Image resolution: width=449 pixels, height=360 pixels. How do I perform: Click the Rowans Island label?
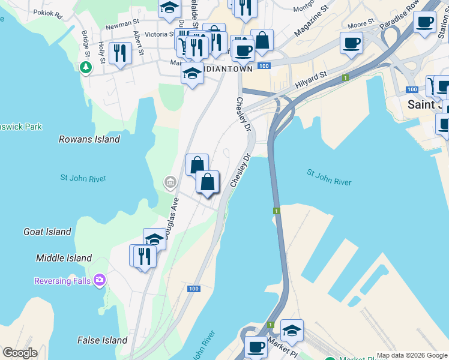click(x=89, y=139)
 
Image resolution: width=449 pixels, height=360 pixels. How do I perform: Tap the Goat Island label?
click(x=47, y=232)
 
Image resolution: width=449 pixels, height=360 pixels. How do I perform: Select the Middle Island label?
click(x=64, y=259)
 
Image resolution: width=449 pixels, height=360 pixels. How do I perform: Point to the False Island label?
click(x=102, y=340)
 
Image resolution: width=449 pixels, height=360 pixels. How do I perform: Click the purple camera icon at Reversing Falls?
click(x=100, y=280)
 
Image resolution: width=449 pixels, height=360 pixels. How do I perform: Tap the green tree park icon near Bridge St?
click(x=86, y=67)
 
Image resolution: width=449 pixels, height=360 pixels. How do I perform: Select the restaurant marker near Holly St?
click(x=121, y=53)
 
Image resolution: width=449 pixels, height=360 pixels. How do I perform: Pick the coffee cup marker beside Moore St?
click(x=351, y=43)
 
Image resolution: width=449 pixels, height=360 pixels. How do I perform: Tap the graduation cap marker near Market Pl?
click(x=292, y=330)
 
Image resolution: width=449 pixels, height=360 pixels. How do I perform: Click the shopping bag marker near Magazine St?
click(x=262, y=40)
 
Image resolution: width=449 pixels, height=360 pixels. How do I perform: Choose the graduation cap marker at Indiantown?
click(x=191, y=73)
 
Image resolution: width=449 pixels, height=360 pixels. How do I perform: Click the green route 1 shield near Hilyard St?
click(x=346, y=77)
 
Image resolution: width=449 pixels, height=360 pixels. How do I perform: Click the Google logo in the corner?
click(x=20, y=353)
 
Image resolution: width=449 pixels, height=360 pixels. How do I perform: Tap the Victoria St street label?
click(x=155, y=34)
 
